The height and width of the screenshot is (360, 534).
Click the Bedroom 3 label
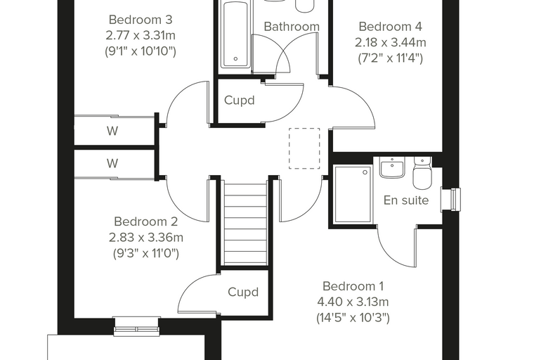click(x=141, y=20)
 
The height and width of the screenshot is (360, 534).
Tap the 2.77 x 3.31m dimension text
click(x=141, y=35)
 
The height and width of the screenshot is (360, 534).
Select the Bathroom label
click(x=292, y=26)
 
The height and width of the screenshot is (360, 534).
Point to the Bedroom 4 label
click(x=390, y=26)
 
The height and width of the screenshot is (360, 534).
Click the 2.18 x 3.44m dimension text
click(x=390, y=42)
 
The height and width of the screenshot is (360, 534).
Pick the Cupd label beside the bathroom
click(x=240, y=101)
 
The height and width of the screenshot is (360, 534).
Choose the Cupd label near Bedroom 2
click(x=243, y=292)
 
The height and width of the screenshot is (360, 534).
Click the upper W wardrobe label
click(x=112, y=131)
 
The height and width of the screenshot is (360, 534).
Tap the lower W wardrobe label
click(x=112, y=163)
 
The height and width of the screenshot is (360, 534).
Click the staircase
click(x=244, y=224)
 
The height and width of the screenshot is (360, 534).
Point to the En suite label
click(x=406, y=200)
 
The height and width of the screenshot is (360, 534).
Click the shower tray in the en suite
click(x=353, y=194)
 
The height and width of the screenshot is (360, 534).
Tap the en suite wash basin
click(x=392, y=167)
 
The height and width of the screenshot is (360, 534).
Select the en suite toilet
click(x=422, y=173)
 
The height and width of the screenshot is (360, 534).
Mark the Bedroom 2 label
click(x=145, y=221)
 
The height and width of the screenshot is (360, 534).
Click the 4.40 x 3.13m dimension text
click(x=353, y=302)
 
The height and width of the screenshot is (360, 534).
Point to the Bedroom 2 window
click(x=137, y=327)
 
